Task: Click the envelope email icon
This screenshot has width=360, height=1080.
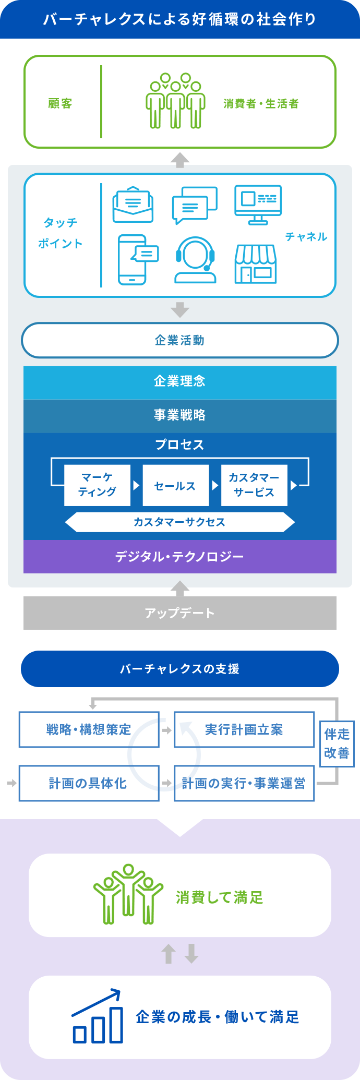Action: click(x=133, y=205)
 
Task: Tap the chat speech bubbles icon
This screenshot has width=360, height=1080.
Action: click(x=195, y=205)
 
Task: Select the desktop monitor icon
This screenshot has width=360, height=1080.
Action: click(x=258, y=205)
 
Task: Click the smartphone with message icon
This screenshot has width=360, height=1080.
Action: click(x=137, y=259)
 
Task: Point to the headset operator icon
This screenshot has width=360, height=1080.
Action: click(x=195, y=259)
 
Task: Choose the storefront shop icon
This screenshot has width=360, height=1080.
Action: click(x=255, y=263)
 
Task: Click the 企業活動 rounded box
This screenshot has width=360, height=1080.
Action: click(x=180, y=340)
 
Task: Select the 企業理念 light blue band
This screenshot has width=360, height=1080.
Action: click(x=180, y=382)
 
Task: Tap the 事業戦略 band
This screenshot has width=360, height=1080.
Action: click(x=180, y=416)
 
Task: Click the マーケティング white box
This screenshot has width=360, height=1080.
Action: click(x=97, y=485)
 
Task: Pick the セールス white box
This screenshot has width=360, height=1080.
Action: click(x=175, y=485)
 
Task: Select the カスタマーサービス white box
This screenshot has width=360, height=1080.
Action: click(x=254, y=485)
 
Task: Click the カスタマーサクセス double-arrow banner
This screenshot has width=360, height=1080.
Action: click(x=180, y=522)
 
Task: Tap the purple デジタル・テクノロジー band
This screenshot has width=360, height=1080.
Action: click(x=180, y=557)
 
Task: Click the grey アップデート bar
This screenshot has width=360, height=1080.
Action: click(x=180, y=613)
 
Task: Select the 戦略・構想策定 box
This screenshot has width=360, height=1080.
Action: click(x=89, y=729)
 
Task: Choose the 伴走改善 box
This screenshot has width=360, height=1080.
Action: click(x=337, y=744)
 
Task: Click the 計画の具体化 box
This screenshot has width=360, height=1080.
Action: click(x=89, y=783)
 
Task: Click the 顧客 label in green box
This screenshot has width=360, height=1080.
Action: click(x=61, y=103)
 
